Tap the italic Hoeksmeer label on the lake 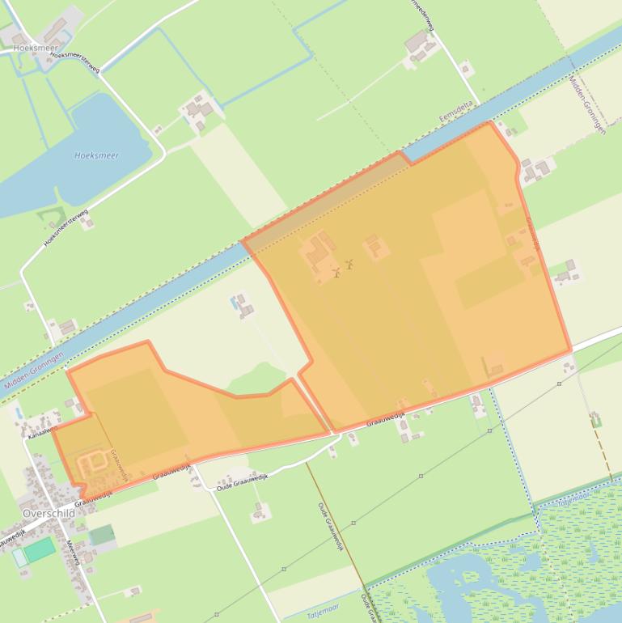pyautogui.click(x=96, y=155)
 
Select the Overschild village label pyautogui.click(x=49, y=514)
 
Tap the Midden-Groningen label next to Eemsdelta pyautogui.click(x=588, y=105)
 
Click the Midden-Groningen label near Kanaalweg pyautogui.click(x=34, y=372)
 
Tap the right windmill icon pyautogui.click(x=350, y=264)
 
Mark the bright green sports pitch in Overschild pyautogui.click(x=39, y=551)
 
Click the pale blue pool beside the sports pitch pyautogui.click(x=19, y=558)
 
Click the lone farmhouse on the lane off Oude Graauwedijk pyautogui.click(x=260, y=511)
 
